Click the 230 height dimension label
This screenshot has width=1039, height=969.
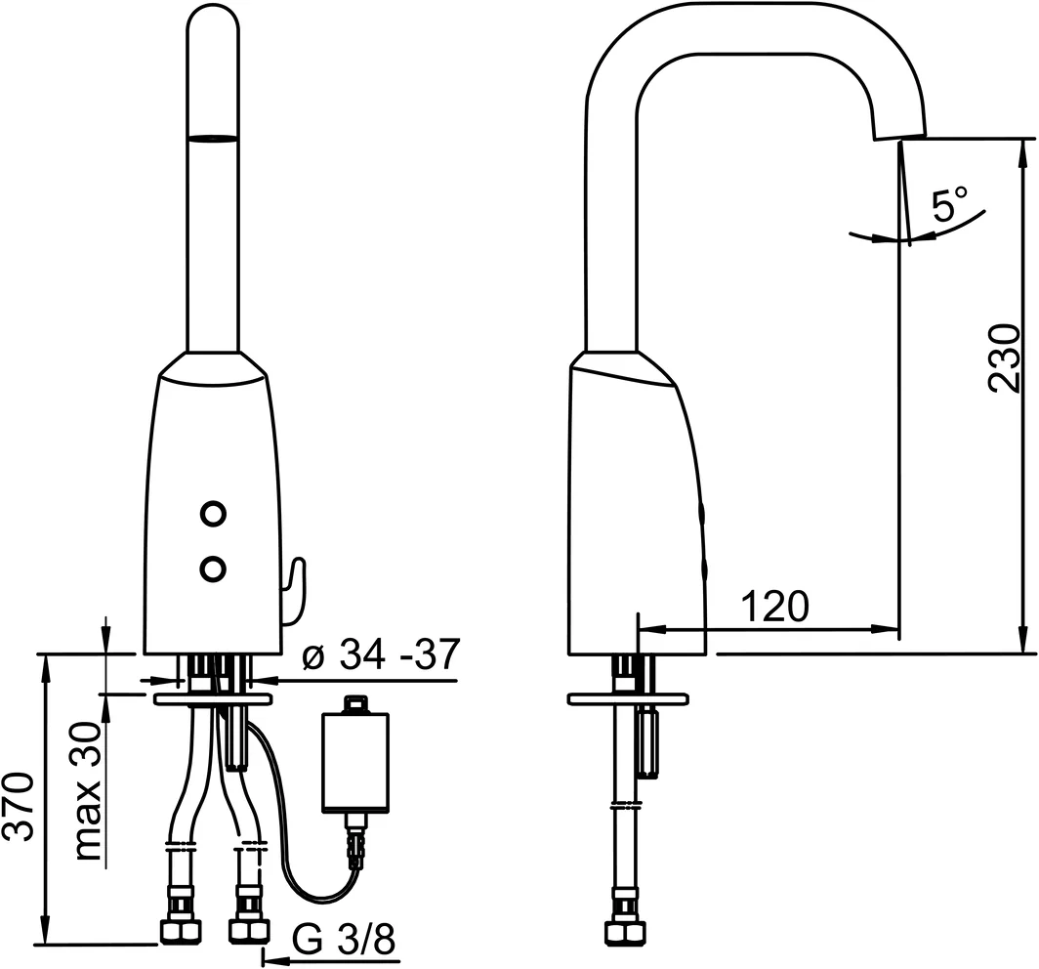point(1005,358)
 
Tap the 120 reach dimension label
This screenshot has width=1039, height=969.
point(774,607)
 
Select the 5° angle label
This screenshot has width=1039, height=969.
point(948,206)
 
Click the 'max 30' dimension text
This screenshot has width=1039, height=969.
point(90,791)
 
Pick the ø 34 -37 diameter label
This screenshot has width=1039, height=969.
point(380,655)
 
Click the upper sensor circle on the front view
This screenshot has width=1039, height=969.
point(212,513)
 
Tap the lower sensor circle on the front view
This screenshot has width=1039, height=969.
point(212,567)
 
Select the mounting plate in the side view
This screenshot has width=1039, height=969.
point(628,699)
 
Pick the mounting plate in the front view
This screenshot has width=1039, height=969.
point(213,699)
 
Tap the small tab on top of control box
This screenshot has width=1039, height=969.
point(355,702)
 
